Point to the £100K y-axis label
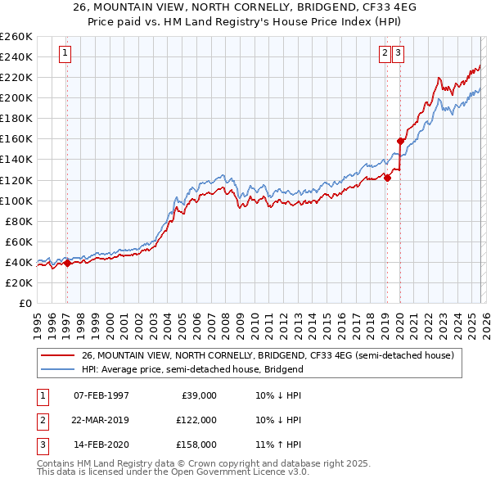(x=16, y=201)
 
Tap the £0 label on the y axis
(x=25, y=303)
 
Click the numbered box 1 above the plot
(x=65, y=54)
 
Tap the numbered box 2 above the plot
(x=385, y=54)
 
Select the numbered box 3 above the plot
(x=399, y=54)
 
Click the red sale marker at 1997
(x=67, y=263)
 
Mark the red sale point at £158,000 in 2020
(x=400, y=141)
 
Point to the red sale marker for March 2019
(x=387, y=178)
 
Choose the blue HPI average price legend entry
(x=192, y=369)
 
